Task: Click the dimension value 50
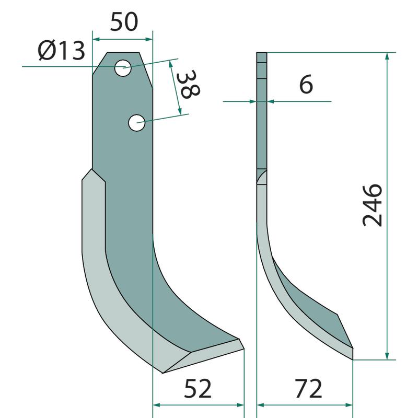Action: tap(124, 21)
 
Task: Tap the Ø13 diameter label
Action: tap(61, 51)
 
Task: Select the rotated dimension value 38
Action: tap(188, 84)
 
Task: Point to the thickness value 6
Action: tap(306, 84)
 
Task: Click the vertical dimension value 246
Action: tap(373, 205)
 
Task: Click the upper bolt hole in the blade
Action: tap(123, 68)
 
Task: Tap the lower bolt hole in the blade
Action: tap(136, 123)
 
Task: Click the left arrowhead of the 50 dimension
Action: tap(96, 40)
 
